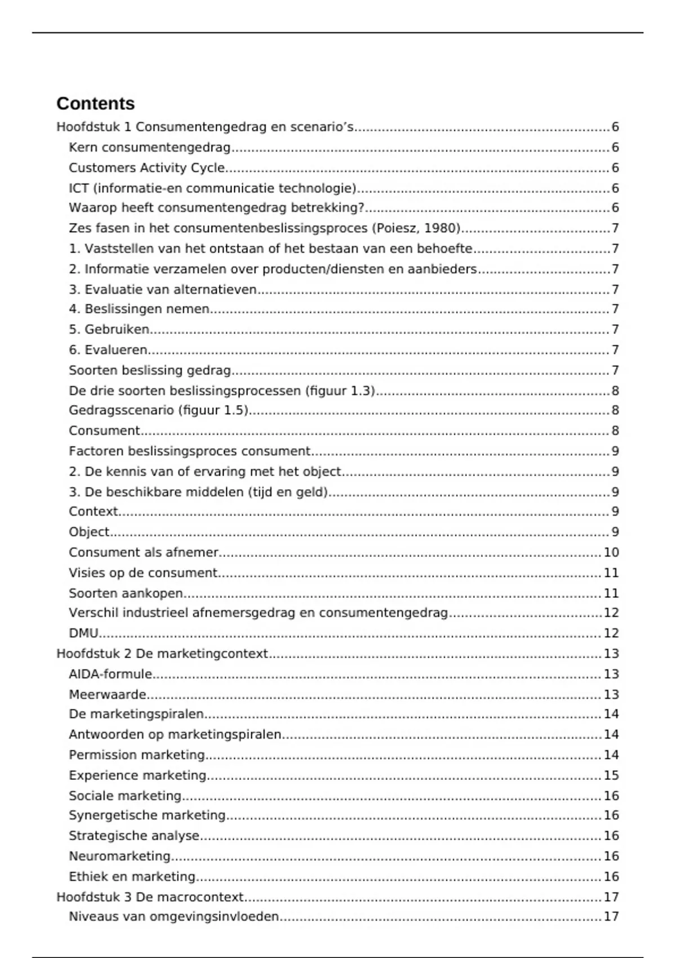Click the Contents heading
(95, 104)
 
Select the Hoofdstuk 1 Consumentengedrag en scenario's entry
(205, 127)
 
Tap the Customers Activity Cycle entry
(146, 168)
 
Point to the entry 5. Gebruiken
(109, 329)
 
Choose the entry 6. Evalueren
(108, 350)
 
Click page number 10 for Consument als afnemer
(611, 552)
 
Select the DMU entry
(83, 633)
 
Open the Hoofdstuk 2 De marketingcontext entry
(162, 654)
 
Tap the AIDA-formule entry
(110, 674)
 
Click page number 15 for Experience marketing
(611, 775)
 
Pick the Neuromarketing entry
(119, 856)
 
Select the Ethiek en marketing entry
(132, 877)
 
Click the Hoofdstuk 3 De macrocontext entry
(150, 897)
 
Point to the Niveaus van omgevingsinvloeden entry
(174, 917)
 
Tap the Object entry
(89, 532)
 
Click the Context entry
(94, 512)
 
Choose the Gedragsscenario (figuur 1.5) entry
(158, 410)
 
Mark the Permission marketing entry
(136, 755)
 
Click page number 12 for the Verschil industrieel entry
(611, 613)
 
